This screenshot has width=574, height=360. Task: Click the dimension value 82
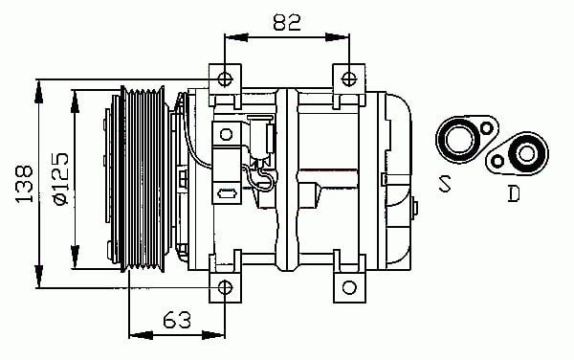click(287, 23)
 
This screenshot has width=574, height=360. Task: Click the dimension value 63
click(177, 320)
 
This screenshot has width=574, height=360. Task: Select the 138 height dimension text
click(24, 184)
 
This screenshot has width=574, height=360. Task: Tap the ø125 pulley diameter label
click(60, 178)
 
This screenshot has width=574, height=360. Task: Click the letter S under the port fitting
click(445, 184)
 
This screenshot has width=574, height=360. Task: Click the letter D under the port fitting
click(514, 193)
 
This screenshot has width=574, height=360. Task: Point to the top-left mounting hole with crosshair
click(225, 79)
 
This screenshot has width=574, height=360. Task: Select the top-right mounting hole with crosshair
click(348, 79)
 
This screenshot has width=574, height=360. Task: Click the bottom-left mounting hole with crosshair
click(225, 287)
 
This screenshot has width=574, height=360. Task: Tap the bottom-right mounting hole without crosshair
click(349, 287)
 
